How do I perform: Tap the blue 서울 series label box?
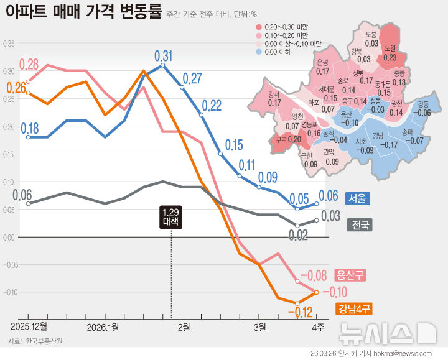(357, 198)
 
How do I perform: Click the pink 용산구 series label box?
(350, 274)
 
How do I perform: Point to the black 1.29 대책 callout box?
(171, 216)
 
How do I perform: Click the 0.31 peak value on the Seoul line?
(163, 55)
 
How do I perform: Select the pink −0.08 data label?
(314, 275)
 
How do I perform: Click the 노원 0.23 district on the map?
(390, 53)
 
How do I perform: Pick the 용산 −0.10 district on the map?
(349, 119)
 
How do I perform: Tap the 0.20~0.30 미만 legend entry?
(286, 27)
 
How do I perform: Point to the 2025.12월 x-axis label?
(29, 326)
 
